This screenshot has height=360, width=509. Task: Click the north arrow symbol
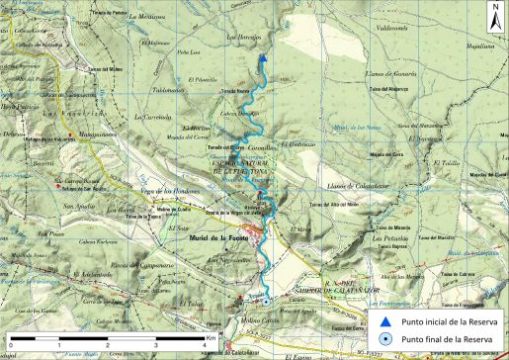coord(493,15)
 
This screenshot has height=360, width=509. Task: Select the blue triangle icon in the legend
coord(385,321)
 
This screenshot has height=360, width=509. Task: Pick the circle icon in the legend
coord(385,338)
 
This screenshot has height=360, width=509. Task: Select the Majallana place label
coord(480,45)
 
